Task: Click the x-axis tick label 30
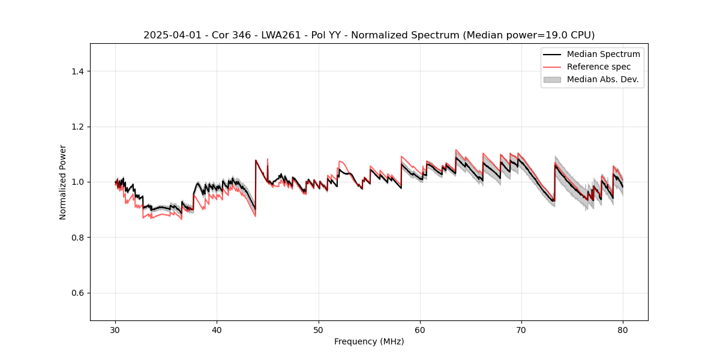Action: tap(116, 330)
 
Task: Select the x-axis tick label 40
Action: tap(217, 330)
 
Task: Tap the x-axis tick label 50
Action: tap(319, 330)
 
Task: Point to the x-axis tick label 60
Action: tap(420, 330)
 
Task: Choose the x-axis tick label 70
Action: tap(521, 330)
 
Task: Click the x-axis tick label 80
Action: tap(623, 330)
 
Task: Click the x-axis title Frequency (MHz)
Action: tap(369, 342)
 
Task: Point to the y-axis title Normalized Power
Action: tap(63, 182)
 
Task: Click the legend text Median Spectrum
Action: tap(603, 54)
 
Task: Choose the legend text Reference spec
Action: tap(599, 67)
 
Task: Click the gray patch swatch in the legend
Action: tap(552, 79)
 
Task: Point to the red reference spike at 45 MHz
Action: tap(268, 161)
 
